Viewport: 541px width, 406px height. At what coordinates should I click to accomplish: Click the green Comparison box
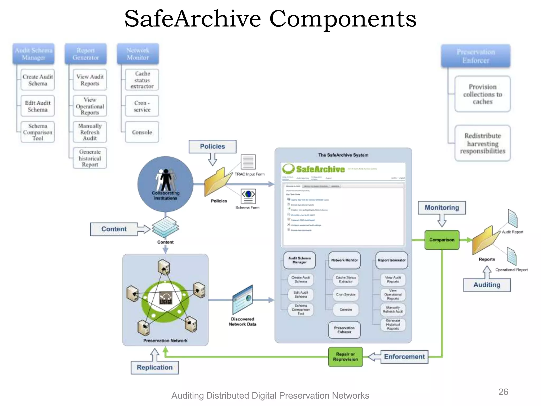click(442, 240)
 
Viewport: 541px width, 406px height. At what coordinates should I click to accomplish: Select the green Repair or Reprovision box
click(345, 357)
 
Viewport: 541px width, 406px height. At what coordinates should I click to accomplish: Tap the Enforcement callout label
click(404, 357)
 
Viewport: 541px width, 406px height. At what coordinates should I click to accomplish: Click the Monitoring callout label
click(442, 207)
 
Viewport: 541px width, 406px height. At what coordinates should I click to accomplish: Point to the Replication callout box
click(155, 367)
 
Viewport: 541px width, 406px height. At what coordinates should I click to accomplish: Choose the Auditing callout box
click(487, 285)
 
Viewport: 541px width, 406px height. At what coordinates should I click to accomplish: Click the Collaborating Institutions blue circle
click(165, 184)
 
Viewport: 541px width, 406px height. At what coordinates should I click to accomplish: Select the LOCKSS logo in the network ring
click(166, 298)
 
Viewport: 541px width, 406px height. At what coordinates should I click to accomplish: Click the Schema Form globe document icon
click(248, 196)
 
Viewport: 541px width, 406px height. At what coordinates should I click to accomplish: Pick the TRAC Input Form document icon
click(248, 162)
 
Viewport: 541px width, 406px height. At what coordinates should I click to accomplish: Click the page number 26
click(503, 392)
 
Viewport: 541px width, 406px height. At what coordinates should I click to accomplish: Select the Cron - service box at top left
click(142, 106)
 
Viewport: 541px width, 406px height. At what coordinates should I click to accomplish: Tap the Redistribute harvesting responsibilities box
click(482, 143)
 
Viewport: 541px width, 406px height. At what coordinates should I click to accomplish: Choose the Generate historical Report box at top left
click(90, 158)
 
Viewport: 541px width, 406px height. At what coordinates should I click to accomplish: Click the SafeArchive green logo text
click(320, 169)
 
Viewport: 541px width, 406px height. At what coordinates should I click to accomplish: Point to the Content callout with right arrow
click(114, 229)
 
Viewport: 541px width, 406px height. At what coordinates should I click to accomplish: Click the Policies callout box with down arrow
click(212, 146)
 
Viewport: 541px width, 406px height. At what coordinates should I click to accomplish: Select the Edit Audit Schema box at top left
click(38, 106)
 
